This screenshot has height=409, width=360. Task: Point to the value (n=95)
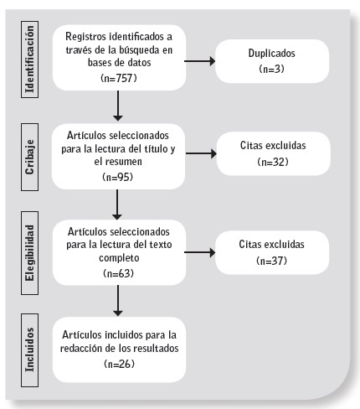119,178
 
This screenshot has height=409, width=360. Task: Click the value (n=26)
119,365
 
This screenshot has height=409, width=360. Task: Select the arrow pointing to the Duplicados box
199,60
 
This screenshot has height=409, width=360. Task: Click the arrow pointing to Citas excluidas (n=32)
199,153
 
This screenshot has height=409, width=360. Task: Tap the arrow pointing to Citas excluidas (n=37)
199,251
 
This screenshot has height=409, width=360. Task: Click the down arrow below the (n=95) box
119,203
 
